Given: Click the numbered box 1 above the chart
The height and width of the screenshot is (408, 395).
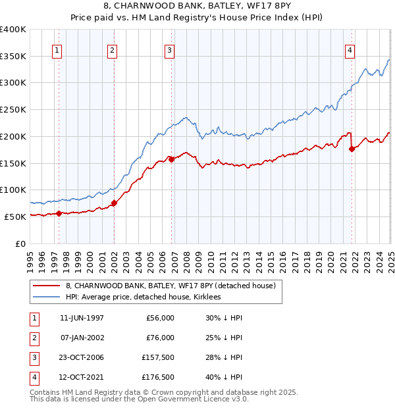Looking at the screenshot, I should [57, 50].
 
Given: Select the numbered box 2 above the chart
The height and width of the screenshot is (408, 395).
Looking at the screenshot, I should [113, 50].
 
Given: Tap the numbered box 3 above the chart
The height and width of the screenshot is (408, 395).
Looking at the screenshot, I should [169, 50].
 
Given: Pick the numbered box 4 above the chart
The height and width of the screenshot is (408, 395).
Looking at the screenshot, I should [350, 50].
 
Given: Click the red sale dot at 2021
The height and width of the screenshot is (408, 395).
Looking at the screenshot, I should [352, 149].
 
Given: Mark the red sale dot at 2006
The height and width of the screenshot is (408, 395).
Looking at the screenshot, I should [171, 159].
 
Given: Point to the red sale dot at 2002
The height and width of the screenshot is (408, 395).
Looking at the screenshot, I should [114, 203].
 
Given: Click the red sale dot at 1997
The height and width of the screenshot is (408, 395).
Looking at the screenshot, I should [59, 213].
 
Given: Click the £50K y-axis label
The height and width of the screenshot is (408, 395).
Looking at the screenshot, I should [16, 217].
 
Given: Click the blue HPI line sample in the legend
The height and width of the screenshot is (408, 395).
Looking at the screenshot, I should [47, 297].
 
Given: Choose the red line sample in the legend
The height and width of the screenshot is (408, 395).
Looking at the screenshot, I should [47, 286].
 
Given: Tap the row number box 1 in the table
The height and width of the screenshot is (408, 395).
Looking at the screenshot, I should [34, 318].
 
